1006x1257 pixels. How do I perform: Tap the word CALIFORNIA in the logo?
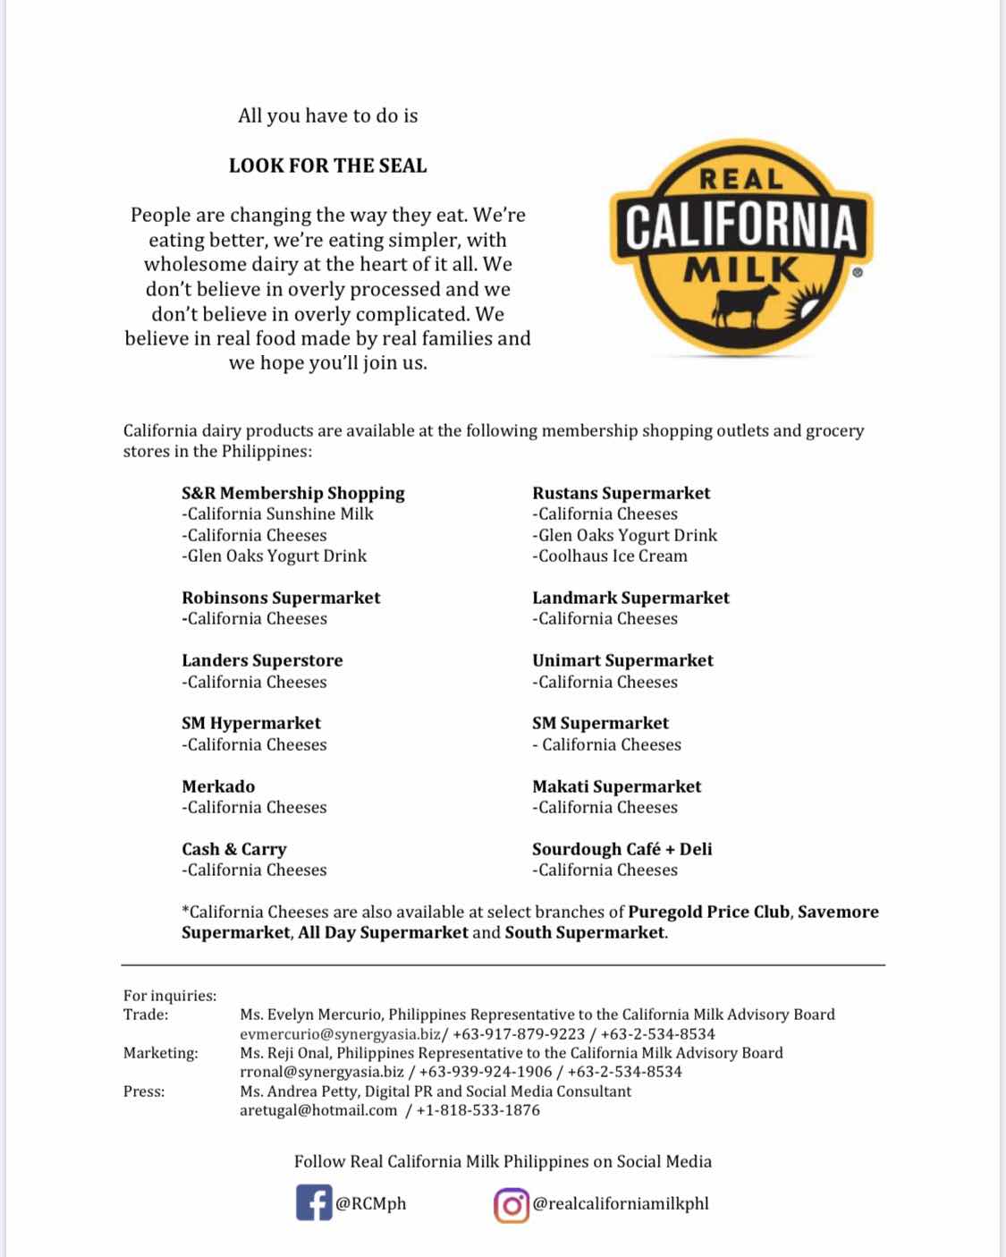(741, 227)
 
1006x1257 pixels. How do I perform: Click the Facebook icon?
(314, 1203)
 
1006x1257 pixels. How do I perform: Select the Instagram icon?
(511, 1204)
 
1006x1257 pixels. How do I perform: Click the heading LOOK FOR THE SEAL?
(328, 166)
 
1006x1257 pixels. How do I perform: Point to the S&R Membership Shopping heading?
(293, 493)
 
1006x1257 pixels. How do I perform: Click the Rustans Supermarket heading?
(621, 493)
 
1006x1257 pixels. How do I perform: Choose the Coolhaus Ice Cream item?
(610, 556)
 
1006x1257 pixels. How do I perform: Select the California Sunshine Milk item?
(277, 514)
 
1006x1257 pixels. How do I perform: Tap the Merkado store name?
(218, 786)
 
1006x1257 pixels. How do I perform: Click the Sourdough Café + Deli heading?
(621, 849)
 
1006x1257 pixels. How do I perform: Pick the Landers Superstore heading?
(262, 660)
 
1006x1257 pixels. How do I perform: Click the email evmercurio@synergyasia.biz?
(340, 1033)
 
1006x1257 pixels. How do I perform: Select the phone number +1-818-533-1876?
(478, 1110)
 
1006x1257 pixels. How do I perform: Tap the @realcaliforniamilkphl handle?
(621, 1203)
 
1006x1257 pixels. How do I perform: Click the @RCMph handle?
(370, 1203)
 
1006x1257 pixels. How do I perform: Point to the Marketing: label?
(161, 1053)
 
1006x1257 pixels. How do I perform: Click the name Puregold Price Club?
(709, 912)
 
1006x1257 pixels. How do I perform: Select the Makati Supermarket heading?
(616, 786)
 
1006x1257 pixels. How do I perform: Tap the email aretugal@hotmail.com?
(318, 1110)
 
